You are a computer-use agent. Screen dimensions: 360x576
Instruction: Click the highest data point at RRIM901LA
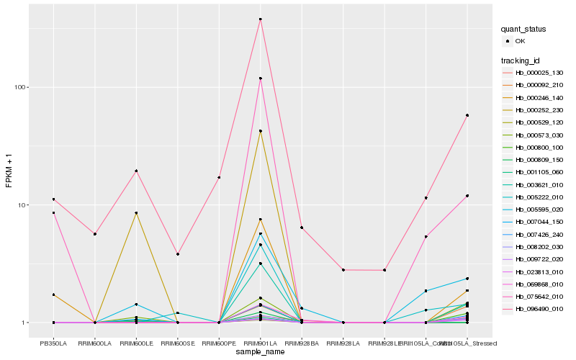(260, 19)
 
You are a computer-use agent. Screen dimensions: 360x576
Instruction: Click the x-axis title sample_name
(260, 352)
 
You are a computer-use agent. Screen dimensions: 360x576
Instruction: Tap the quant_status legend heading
(524, 29)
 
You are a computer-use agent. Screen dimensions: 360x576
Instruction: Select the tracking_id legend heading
(521, 60)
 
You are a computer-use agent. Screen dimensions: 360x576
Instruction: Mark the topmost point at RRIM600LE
(136, 171)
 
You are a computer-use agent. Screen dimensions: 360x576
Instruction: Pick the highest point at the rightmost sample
(467, 115)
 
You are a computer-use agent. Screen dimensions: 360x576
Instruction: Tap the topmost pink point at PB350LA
(53, 199)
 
